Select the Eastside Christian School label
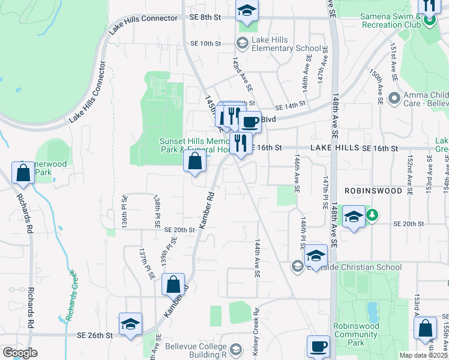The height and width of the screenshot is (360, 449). point(355,267)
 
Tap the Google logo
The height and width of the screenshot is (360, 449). point(20,353)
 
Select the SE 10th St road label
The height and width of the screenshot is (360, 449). point(206,44)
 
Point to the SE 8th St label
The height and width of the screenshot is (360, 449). point(205,18)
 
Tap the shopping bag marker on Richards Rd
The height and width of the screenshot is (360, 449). point(23,173)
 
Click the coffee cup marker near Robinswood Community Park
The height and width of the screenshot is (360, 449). point(318,346)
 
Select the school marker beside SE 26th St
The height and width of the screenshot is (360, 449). point(130,324)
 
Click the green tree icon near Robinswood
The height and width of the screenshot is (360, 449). point(372,214)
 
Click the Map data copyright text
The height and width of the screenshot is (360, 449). point(424,355)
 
